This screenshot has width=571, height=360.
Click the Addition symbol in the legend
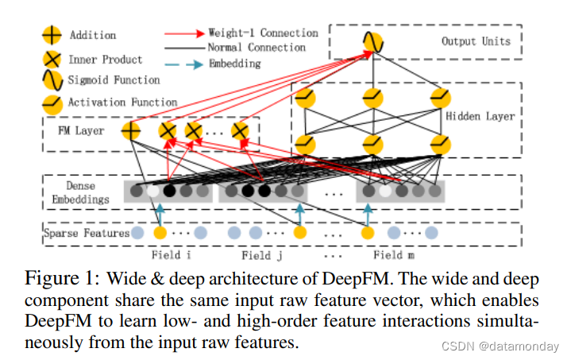(52, 35)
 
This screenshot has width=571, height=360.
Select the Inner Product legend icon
(52, 59)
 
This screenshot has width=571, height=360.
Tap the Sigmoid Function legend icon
(52, 80)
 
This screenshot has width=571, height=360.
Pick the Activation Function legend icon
(52, 103)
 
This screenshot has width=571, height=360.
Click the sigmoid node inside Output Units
(372, 41)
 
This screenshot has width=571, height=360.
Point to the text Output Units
(476, 41)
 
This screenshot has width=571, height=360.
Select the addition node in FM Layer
(130, 130)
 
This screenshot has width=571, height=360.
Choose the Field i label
(171, 255)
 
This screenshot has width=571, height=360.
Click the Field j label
(261, 255)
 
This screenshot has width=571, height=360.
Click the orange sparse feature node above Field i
(160, 233)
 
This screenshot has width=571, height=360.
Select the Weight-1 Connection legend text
(263, 33)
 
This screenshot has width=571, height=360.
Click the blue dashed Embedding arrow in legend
(184, 64)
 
